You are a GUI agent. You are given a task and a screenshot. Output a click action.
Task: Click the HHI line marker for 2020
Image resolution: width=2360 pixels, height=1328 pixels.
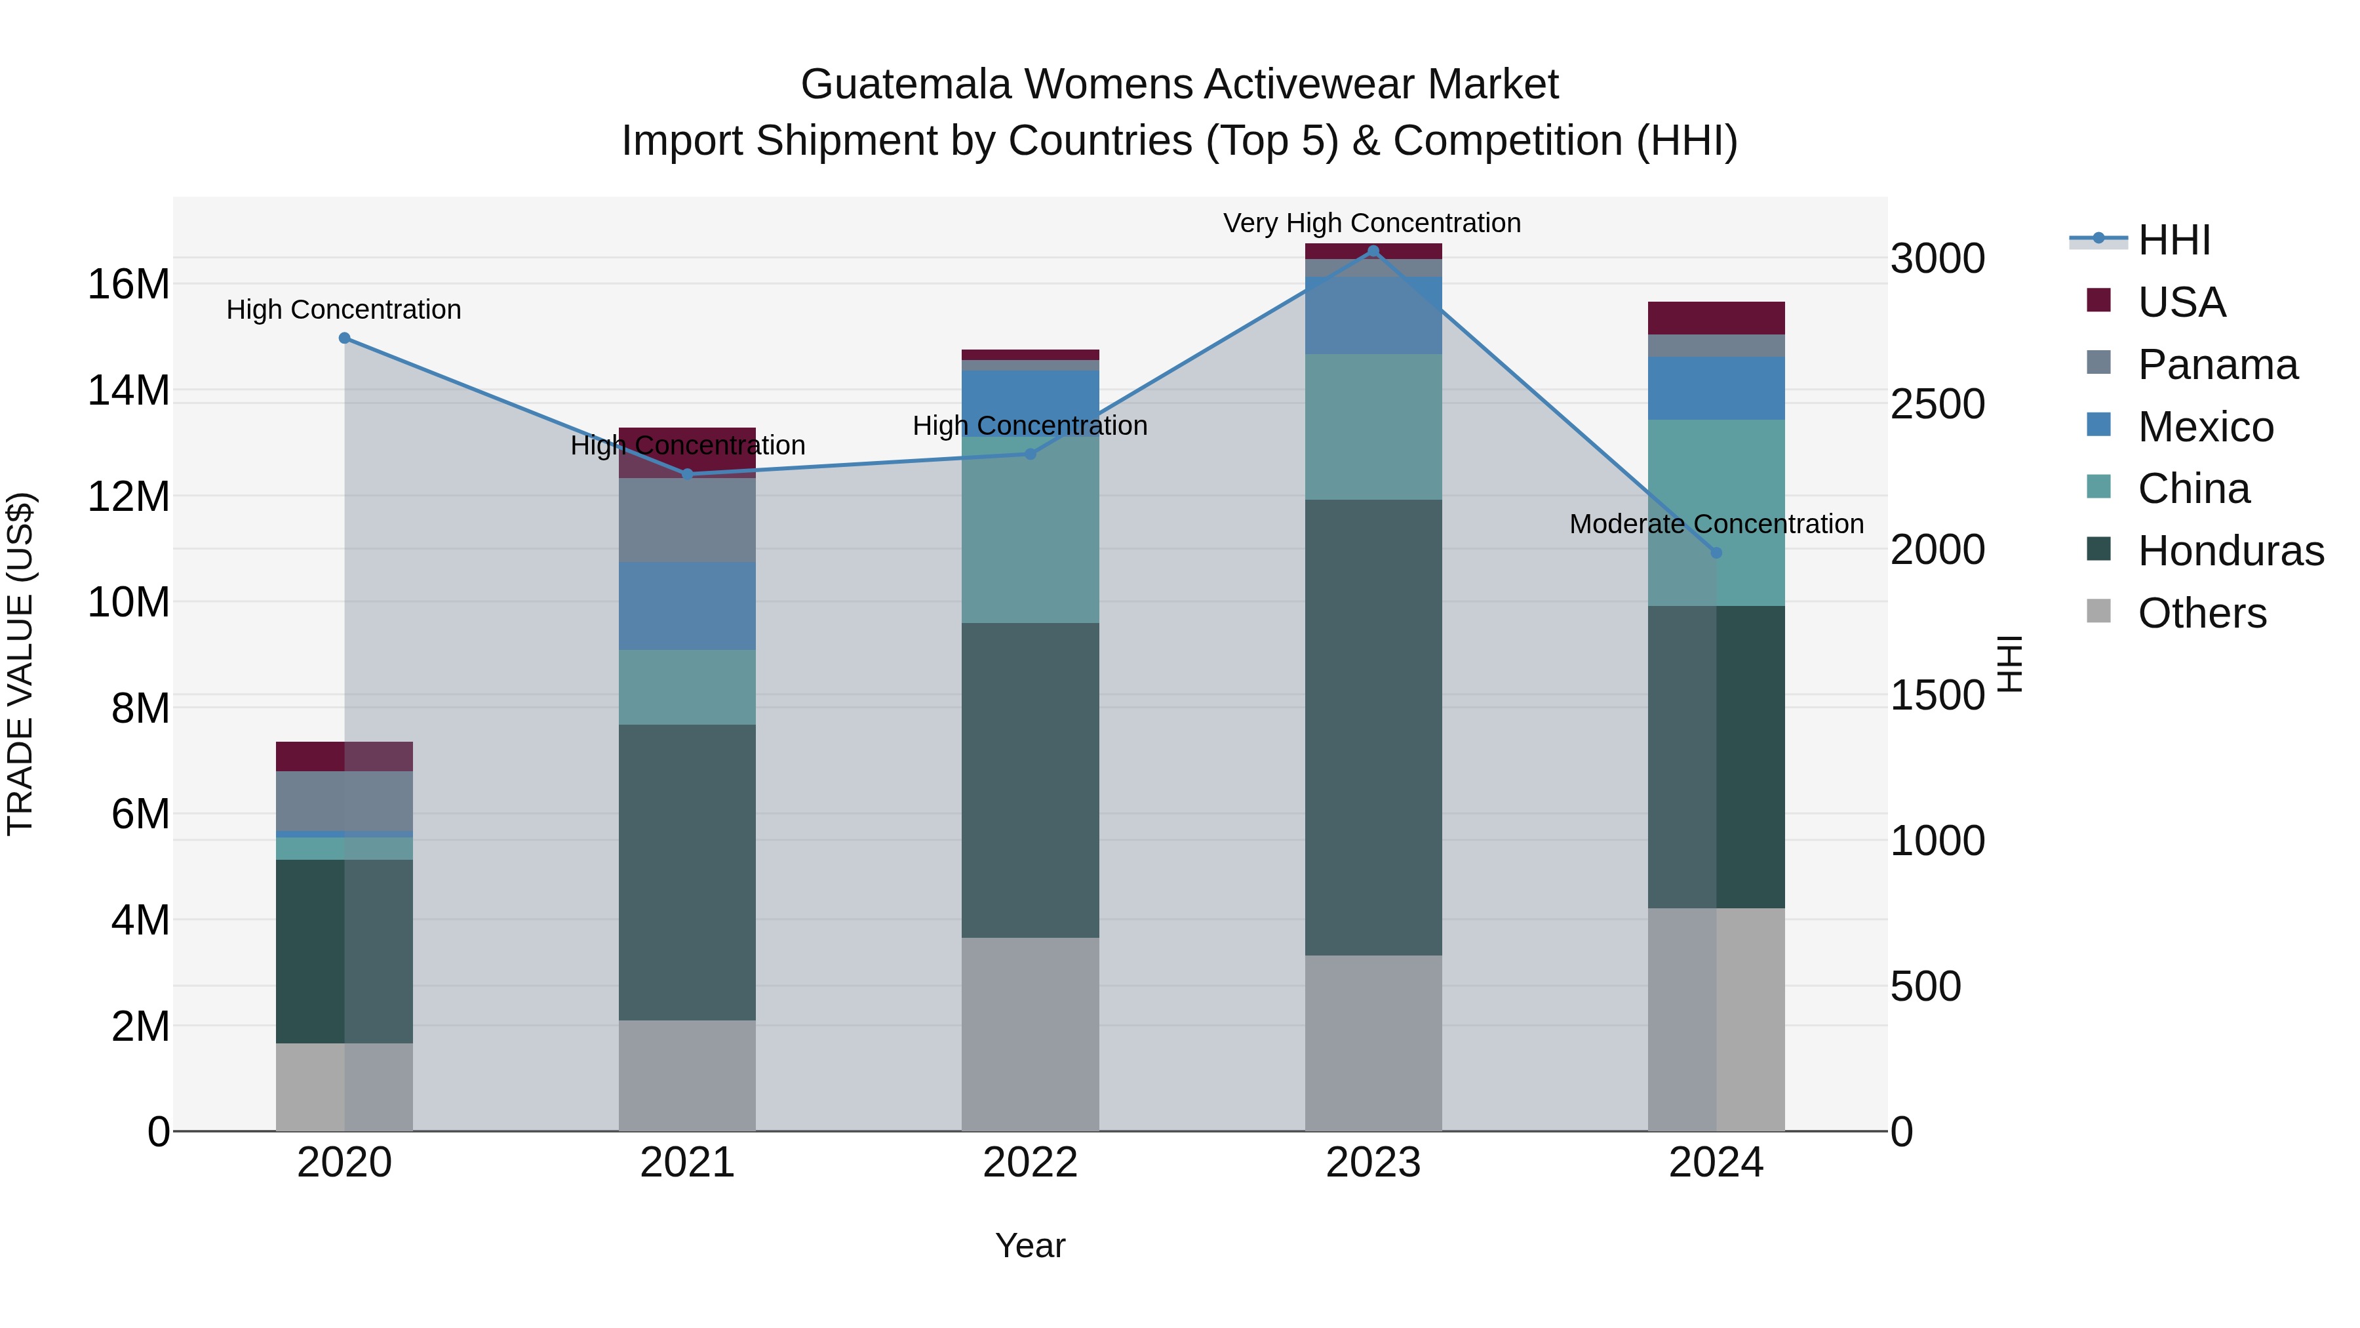pyautogui.click(x=344, y=338)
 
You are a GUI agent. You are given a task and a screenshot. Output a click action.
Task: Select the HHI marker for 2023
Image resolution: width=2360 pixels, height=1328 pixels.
pyautogui.click(x=1372, y=251)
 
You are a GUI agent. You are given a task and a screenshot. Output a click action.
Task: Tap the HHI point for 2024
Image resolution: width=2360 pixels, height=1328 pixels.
pyautogui.click(x=1716, y=553)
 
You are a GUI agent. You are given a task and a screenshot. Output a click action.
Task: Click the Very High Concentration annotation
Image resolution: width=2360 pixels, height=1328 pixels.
pyautogui.click(x=1371, y=223)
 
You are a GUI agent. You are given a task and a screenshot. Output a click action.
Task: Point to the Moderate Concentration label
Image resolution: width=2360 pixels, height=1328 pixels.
pyautogui.click(x=1716, y=524)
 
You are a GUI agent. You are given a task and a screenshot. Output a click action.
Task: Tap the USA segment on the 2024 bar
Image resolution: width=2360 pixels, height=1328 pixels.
pyautogui.click(x=1716, y=318)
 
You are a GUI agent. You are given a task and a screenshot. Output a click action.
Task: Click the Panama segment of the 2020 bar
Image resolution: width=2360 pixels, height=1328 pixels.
pyautogui.click(x=344, y=800)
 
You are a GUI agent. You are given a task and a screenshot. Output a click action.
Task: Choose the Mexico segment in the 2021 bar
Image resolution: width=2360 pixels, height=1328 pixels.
pyautogui.click(x=687, y=606)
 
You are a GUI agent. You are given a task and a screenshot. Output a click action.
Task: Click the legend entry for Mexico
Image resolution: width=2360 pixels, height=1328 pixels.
pyautogui.click(x=2205, y=427)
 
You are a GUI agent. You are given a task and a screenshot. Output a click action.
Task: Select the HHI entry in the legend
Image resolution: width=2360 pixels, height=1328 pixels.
pyautogui.click(x=2173, y=240)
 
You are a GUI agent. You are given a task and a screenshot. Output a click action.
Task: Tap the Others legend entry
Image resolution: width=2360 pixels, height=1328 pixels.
pyautogui.click(x=2201, y=613)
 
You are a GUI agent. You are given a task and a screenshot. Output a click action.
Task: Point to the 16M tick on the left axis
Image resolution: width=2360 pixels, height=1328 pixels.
pyautogui.click(x=128, y=284)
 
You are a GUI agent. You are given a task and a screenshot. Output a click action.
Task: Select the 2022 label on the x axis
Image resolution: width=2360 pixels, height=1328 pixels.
pyautogui.click(x=1030, y=1163)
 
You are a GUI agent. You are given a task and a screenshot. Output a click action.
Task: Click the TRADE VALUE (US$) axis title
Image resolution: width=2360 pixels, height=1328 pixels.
pyautogui.click(x=20, y=664)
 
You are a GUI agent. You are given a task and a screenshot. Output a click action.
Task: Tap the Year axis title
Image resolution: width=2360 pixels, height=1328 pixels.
pyautogui.click(x=1030, y=1245)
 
